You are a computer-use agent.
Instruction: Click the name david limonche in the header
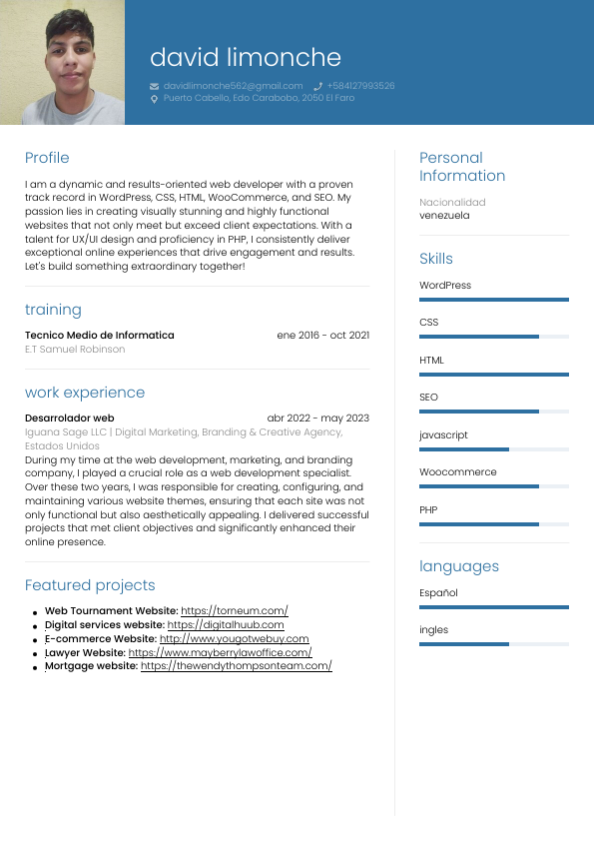(245, 58)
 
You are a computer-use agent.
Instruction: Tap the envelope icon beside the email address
(154, 86)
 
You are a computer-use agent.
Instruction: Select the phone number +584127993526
(360, 86)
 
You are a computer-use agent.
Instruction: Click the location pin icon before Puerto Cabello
(154, 99)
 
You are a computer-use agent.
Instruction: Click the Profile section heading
(47, 158)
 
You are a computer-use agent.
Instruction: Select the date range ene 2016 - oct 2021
(322, 335)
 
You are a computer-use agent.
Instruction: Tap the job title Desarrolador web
(70, 418)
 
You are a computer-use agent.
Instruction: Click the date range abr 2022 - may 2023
(317, 418)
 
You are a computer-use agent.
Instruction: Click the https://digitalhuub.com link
(226, 624)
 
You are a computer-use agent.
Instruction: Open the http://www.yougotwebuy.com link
(234, 638)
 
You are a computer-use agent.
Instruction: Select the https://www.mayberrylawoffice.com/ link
(220, 652)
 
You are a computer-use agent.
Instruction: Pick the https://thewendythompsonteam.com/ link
(236, 665)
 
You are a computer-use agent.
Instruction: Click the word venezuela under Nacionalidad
(444, 215)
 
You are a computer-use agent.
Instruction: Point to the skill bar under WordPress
(494, 299)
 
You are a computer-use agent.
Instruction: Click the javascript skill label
(443, 435)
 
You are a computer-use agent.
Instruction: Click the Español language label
(438, 592)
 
